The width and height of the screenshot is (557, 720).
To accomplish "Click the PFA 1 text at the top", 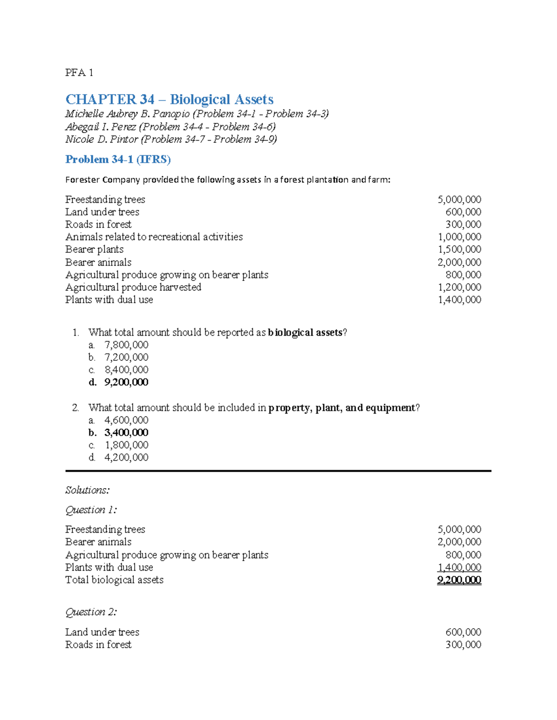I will pyautogui.click(x=79, y=72).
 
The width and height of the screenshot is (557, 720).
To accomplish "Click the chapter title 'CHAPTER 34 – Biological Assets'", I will pyautogui.click(x=169, y=99).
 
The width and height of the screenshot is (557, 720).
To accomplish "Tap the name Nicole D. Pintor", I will pyautogui.click(x=102, y=139).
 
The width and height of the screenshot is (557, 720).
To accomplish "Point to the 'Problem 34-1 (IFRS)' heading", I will pyautogui.click(x=118, y=159).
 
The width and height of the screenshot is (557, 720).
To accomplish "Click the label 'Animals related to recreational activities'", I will pyautogui.click(x=154, y=237).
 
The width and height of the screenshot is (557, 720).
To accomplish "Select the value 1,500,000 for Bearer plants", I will pyautogui.click(x=459, y=249).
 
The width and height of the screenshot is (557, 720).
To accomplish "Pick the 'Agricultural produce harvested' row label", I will pyautogui.click(x=133, y=287).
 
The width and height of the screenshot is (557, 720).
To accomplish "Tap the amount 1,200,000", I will pyautogui.click(x=459, y=287).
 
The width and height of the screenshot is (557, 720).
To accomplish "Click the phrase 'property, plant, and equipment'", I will pyautogui.click(x=342, y=408).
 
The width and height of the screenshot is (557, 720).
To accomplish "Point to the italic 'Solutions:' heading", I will pyautogui.click(x=87, y=490).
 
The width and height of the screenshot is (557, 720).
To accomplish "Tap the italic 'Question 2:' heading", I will pyautogui.click(x=91, y=612).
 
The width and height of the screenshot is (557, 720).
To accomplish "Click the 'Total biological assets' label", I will pyautogui.click(x=114, y=580).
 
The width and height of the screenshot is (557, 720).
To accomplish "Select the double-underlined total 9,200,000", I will pyautogui.click(x=459, y=580).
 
